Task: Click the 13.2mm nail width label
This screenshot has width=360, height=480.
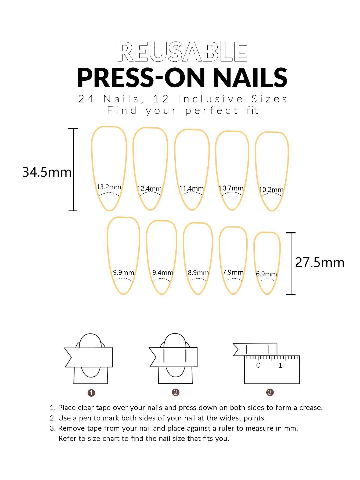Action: (109, 187)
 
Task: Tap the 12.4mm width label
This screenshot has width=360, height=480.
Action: (149, 189)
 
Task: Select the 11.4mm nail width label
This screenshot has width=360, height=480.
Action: (192, 188)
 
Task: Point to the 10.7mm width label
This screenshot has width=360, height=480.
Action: (231, 188)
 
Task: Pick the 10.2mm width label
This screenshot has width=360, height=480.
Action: (271, 190)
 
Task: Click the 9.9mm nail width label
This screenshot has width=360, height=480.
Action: (124, 272)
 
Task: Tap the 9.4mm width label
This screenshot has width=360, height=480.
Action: (163, 272)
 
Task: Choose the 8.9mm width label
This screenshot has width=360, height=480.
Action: (198, 272)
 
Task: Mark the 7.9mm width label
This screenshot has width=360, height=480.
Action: (233, 272)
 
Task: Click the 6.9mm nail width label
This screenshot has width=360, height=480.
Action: (266, 274)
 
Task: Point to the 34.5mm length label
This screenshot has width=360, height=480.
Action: (47, 172)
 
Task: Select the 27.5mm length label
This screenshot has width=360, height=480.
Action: (320, 262)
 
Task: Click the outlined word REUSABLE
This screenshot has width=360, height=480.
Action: (182, 52)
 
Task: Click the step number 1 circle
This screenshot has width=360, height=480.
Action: (91, 393)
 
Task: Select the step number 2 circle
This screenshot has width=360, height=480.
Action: (175, 392)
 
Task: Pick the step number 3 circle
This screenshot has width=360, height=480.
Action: (270, 392)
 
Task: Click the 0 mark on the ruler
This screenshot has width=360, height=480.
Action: (258, 365)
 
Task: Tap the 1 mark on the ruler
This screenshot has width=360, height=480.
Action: (280, 365)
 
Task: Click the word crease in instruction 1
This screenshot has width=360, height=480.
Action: (311, 408)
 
